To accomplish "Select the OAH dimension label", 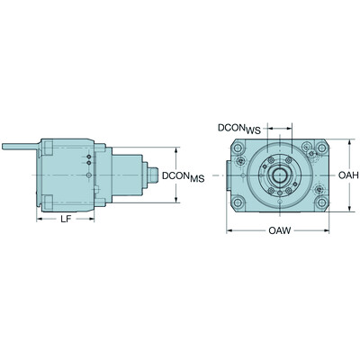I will [349, 175].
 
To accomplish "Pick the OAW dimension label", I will [279, 232].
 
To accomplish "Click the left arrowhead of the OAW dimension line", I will [227, 230].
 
